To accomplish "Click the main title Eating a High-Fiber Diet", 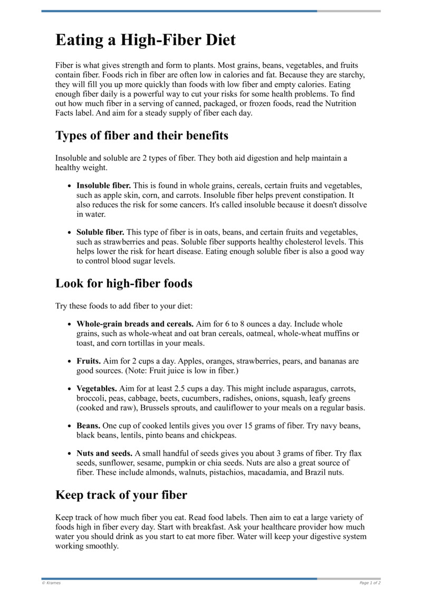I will pyautogui.click(x=145, y=41).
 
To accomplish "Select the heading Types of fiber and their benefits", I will pyautogui.click(x=142, y=135).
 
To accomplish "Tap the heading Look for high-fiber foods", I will pyautogui.click(x=124, y=283).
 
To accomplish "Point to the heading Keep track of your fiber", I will pyautogui.click(x=121, y=495).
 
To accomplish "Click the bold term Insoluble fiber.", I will pyautogui.click(x=104, y=185).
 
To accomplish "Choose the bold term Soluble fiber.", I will pyautogui.click(x=100, y=232).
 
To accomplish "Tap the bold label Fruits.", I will pyautogui.click(x=89, y=361).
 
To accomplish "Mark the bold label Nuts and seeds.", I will pyautogui.click(x=104, y=453).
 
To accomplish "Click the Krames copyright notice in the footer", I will pyautogui.click(x=52, y=583).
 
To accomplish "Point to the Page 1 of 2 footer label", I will pyautogui.click(x=370, y=583).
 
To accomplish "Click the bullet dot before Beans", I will pyautogui.click(x=70, y=425).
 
